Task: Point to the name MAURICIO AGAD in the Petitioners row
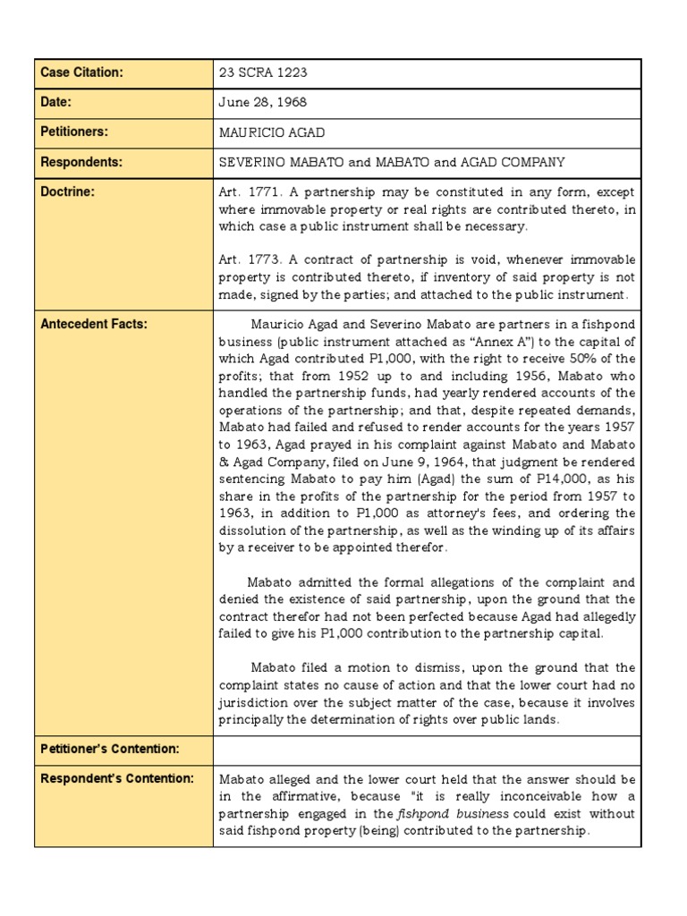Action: tap(272, 132)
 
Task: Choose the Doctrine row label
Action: tap(68, 192)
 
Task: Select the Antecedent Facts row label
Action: tap(94, 324)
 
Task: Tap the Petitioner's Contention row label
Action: tap(110, 748)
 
